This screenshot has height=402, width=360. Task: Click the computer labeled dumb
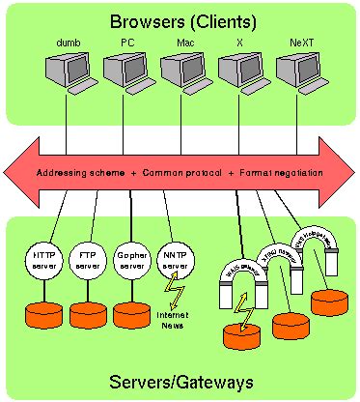click(x=65, y=72)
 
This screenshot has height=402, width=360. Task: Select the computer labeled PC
click(x=123, y=72)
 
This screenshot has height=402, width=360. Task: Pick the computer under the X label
click(x=237, y=72)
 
